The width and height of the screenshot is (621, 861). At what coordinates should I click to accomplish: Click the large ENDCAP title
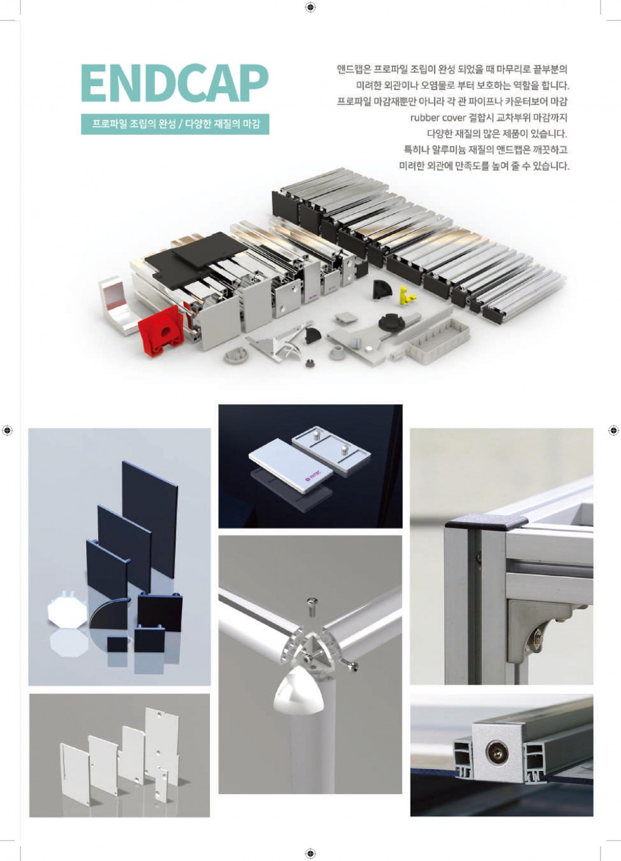click(x=174, y=83)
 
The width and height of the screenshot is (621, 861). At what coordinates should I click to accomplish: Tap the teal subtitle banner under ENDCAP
click(x=175, y=124)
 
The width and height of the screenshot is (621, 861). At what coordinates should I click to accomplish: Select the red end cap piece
click(x=161, y=331)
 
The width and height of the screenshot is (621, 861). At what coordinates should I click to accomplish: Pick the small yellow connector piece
click(x=407, y=294)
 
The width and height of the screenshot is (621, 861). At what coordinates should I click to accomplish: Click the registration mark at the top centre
click(x=310, y=7)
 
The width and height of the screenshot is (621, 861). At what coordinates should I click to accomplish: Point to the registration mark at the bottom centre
click(x=310, y=852)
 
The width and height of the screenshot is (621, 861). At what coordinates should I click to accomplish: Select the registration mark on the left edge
click(x=7, y=431)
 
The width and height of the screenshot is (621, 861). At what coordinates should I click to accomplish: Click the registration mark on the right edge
click(x=614, y=431)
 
